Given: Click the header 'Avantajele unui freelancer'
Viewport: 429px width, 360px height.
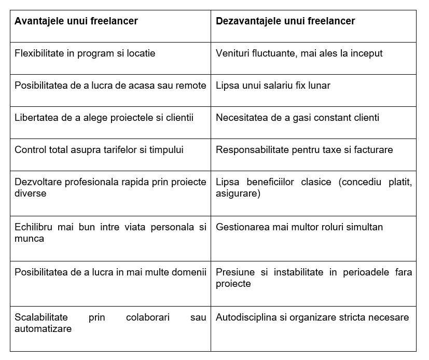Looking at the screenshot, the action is [x=76, y=21].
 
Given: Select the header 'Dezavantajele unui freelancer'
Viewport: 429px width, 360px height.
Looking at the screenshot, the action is [x=285, y=21].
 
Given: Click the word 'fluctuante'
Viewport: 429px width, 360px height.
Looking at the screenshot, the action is [x=282, y=53].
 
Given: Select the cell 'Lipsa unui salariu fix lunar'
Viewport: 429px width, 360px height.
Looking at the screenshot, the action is [x=273, y=86].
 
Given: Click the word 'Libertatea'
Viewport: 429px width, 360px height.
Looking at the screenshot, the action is [x=37, y=118].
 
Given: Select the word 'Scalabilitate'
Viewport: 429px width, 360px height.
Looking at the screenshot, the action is [x=41, y=317].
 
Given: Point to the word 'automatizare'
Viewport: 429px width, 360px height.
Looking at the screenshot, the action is [x=43, y=329].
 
